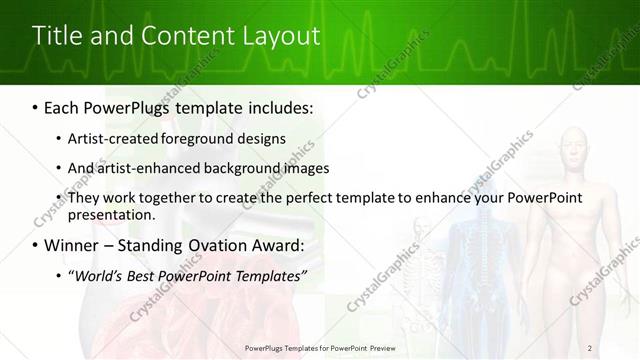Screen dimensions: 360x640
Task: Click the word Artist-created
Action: tap(110, 138)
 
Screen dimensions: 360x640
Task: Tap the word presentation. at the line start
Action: tap(111, 215)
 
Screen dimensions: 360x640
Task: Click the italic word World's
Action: tap(97, 275)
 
